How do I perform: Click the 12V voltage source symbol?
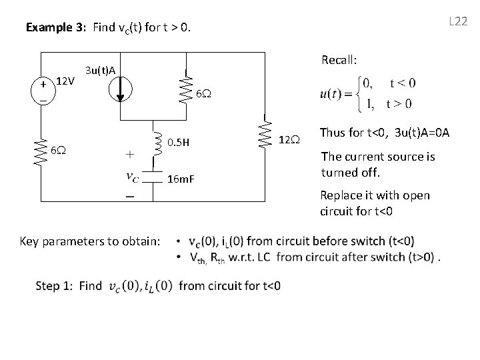tap(43, 91)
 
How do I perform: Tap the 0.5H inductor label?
tap(178, 142)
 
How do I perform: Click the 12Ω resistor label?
tap(289, 139)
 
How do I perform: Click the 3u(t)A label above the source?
tap(101, 69)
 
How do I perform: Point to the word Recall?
tap(339, 60)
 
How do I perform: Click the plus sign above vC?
tap(129, 153)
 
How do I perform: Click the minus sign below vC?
tap(128, 197)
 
